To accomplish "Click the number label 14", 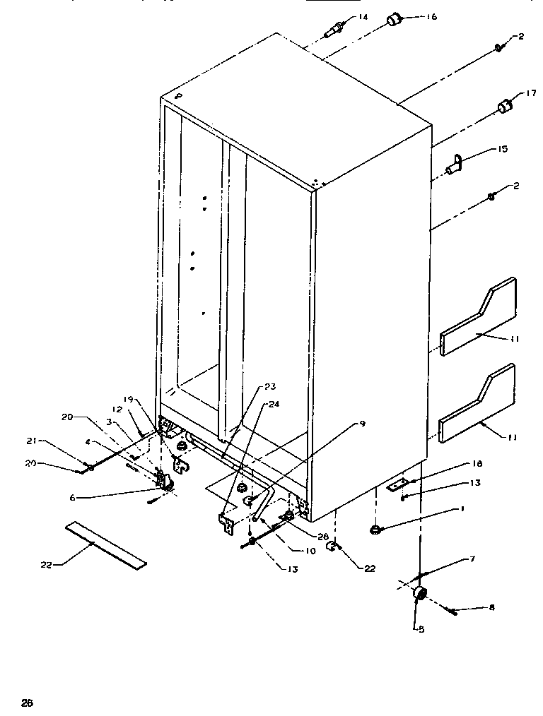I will click(x=363, y=17).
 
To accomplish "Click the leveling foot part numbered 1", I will click(x=376, y=529).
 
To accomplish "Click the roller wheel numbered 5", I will click(x=419, y=594).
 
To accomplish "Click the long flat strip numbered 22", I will click(x=106, y=544).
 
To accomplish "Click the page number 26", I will click(x=27, y=702).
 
